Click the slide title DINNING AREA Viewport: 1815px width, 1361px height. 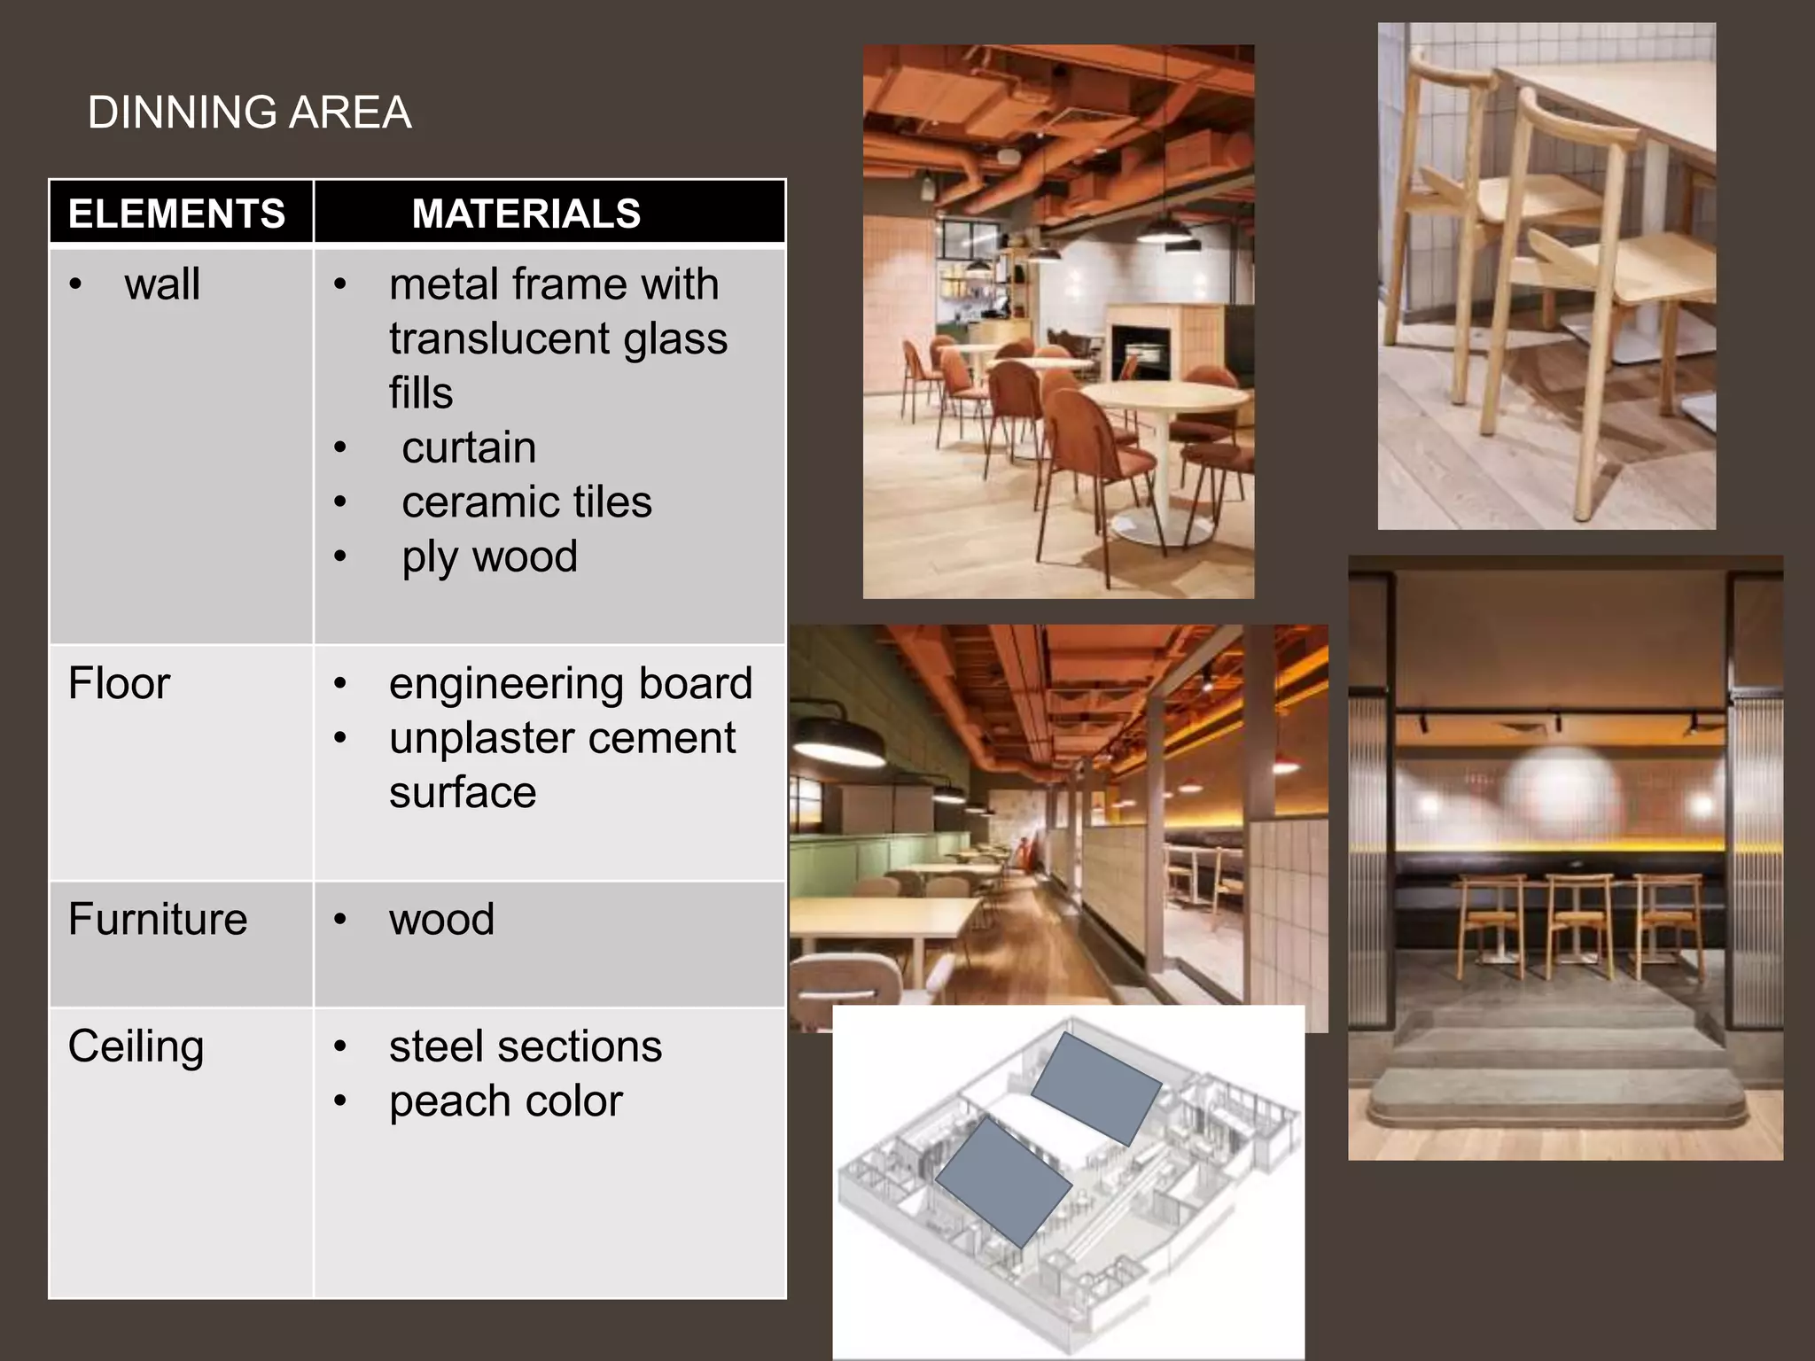pyautogui.click(x=249, y=113)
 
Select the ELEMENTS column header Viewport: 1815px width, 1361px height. pyautogui.click(x=176, y=214)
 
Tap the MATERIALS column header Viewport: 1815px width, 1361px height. pyautogui.click(x=526, y=214)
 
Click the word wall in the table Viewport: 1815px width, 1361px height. pyautogui.click(x=162, y=284)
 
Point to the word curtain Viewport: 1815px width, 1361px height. pyautogui.click(x=469, y=447)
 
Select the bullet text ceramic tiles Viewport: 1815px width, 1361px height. pyautogui.click(x=526, y=502)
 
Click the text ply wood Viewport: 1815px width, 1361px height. pyautogui.click(x=489, y=556)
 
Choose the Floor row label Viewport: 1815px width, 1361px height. pyautogui.click(x=119, y=683)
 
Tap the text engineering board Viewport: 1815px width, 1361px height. pyautogui.click(x=571, y=683)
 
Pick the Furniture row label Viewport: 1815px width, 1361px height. pyautogui.click(x=158, y=919)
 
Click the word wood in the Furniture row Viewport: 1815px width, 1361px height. pyautogui.click(x=441, y=919)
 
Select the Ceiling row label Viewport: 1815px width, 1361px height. pyautogui.click(x=136, y=1046)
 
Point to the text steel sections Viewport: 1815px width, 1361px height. pyautogui.click(x=526, y=1046)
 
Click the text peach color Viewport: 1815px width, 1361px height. pyautogui.click(x=506, y=1101)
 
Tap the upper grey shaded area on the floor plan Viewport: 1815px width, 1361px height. pyautogui.click(x=1096, y=1088)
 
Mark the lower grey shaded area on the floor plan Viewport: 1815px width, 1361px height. pyautogui.click(x=1003, y=1181)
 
